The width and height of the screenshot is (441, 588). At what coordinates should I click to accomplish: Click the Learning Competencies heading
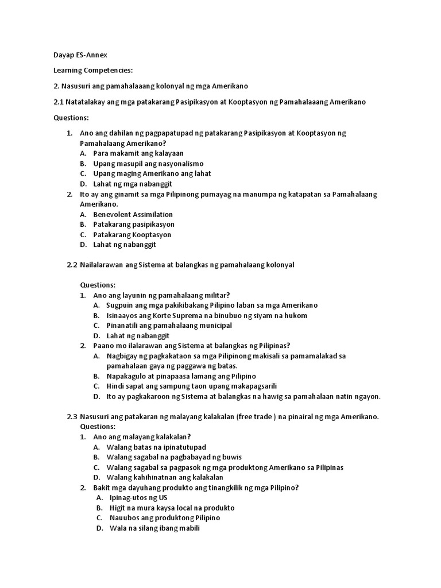click(x=93, y=70)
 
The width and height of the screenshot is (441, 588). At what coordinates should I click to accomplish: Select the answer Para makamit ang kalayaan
click(x=138, y=153)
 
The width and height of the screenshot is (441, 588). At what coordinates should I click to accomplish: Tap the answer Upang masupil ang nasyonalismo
click(x=148, y=164)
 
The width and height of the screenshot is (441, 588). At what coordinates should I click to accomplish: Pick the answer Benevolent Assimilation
click(x=133, y=214)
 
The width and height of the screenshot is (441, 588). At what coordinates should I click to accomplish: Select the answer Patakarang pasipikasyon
click(x=134, y=224)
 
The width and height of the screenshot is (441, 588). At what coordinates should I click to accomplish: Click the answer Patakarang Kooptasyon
click(x=132, y=234)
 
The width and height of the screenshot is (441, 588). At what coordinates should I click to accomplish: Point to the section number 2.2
click(x=72, y=265)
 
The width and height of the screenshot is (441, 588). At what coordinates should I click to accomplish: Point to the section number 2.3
click(x=72, y=417)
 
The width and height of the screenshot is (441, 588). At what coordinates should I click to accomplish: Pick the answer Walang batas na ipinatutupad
click(x=156, y=447)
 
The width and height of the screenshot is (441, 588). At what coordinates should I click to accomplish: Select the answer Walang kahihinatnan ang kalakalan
click(x=165, y=477)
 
